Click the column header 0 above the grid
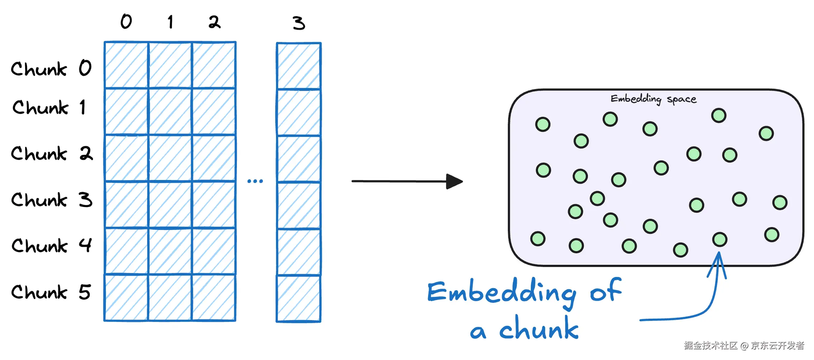coord(126,22)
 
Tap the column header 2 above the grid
coord(214,22)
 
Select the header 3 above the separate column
coord(299,23)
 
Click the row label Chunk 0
coord(51,69)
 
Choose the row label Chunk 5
coord(51,292)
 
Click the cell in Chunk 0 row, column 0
coord(127,65)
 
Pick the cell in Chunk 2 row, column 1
coord(170,158)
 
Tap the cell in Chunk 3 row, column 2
coord(214,205)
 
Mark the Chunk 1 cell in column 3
coord(299,112)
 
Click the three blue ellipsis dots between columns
coord(255,181)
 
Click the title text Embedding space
coord(653,99)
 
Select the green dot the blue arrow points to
coord(720,239)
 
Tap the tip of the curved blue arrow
coord(718,254)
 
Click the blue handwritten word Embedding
coord(502,293)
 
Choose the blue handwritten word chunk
coord(539,329)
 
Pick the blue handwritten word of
coord(606,290)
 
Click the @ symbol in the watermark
coord(744,346)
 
